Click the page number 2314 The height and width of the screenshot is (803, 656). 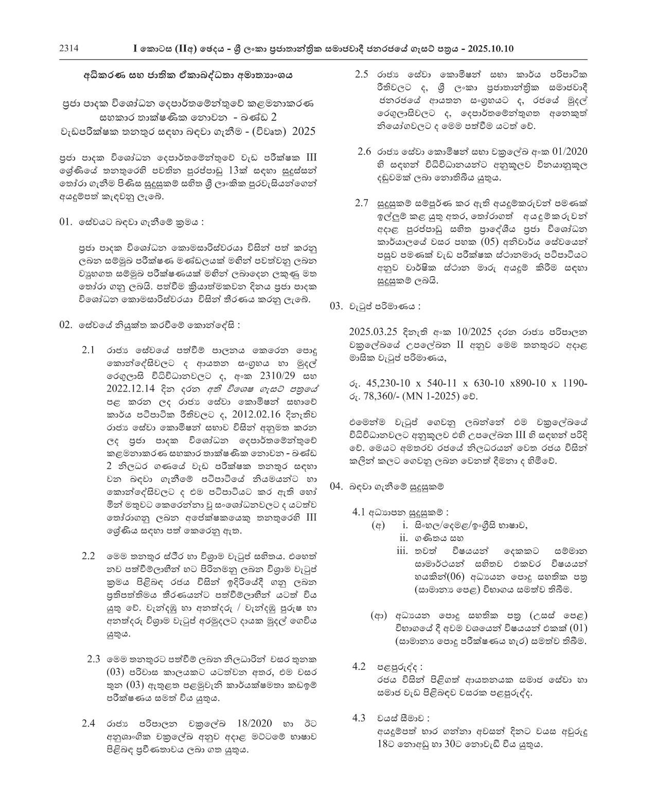68,48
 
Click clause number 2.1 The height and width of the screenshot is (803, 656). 88,350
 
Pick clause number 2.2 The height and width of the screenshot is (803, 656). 88,556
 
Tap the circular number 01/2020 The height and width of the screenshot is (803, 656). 565,152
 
